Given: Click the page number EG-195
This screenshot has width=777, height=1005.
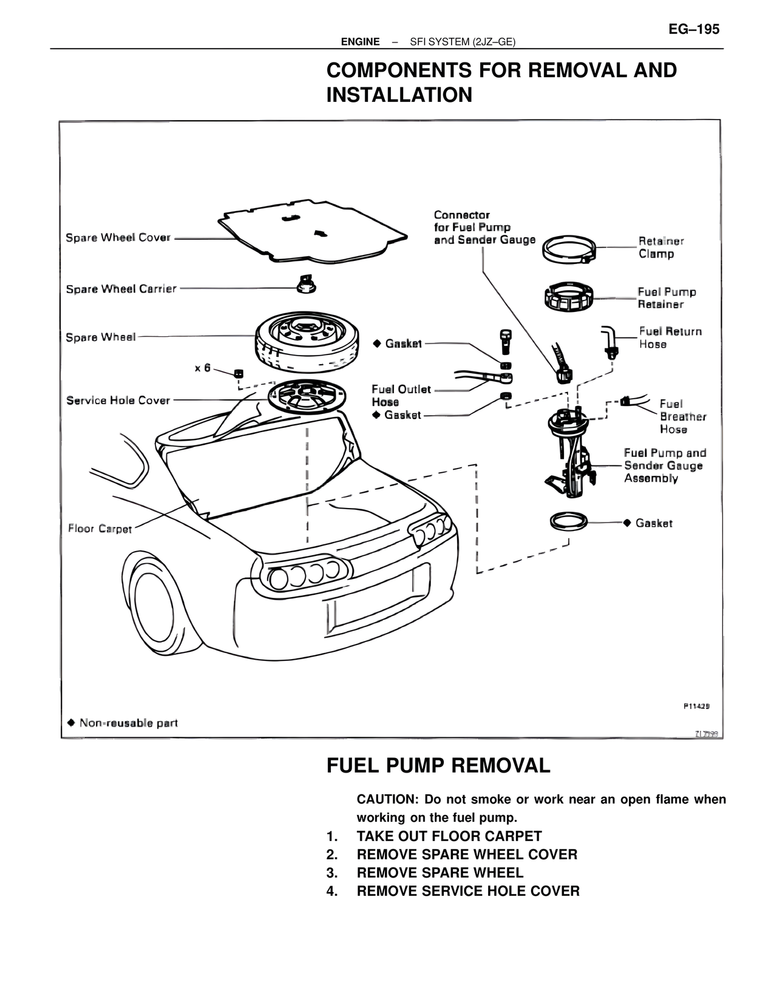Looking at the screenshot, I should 694,29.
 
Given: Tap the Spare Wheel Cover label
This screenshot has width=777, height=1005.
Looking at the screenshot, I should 118,238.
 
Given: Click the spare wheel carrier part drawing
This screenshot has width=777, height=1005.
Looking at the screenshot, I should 307,284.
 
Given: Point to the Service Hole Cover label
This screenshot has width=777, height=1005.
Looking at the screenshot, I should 118,401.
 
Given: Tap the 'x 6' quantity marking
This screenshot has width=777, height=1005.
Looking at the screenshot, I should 203,368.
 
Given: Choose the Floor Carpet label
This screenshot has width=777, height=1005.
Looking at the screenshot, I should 100,529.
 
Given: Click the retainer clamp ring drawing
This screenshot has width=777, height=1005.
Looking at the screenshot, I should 569,249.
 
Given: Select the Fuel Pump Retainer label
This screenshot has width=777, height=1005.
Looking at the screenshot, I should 667,298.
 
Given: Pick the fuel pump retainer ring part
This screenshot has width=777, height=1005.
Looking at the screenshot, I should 568,297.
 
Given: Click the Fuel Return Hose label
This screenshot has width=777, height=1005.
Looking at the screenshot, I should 670,337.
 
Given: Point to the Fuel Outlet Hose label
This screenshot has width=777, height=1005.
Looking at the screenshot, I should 401,395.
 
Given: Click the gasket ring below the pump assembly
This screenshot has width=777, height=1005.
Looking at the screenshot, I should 569,521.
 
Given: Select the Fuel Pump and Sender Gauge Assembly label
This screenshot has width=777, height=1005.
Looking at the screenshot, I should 665,465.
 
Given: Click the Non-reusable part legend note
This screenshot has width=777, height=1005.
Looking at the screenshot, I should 123,723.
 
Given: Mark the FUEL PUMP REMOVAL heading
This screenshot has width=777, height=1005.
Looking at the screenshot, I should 438,766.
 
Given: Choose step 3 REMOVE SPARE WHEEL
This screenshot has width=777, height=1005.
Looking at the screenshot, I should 439,873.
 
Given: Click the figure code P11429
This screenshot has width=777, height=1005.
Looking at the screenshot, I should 696,706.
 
